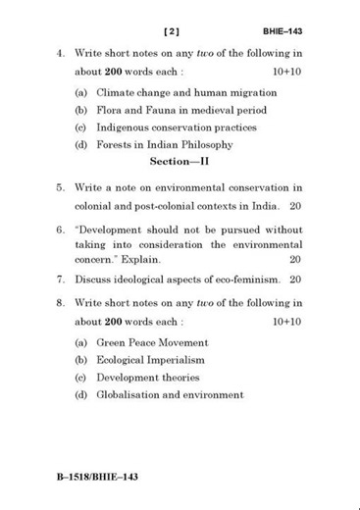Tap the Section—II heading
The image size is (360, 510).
180,161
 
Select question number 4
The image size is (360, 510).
60,53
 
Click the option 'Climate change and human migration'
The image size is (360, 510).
185,92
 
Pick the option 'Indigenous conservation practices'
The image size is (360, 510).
176,127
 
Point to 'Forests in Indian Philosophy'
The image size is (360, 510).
164,145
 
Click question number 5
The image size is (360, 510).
60,186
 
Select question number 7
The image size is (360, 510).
60,280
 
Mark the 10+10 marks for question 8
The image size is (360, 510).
286,321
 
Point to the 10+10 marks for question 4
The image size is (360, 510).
286,73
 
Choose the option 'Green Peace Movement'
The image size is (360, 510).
152,342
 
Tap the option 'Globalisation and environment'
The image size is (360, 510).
169,395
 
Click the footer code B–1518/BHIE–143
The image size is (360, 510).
97,477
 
